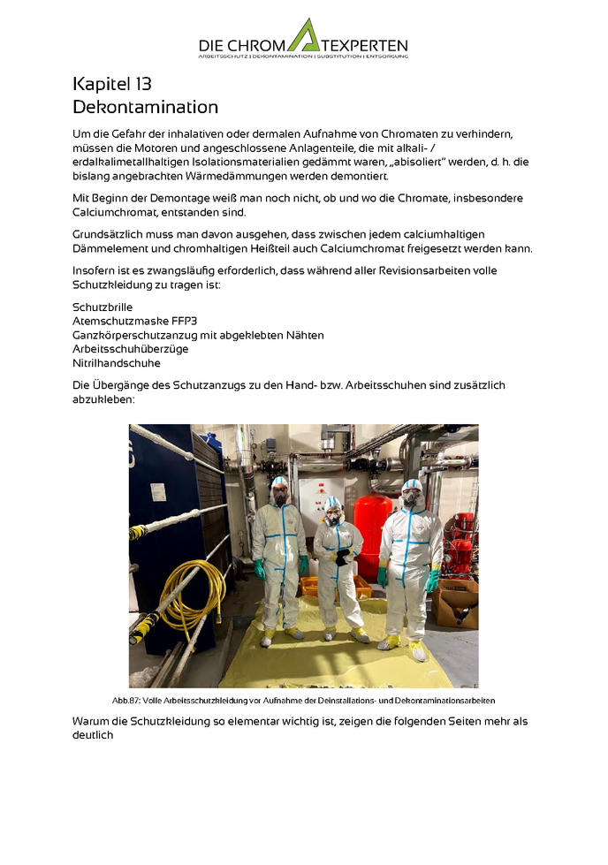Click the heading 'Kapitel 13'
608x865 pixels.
point(112,85)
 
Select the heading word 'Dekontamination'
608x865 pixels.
point(145,108)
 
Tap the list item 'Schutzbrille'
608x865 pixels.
point(103,307)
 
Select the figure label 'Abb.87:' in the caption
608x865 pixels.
point(126,700)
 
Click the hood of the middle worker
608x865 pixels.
point(332,505)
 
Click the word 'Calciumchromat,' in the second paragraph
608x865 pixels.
point(117,213)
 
